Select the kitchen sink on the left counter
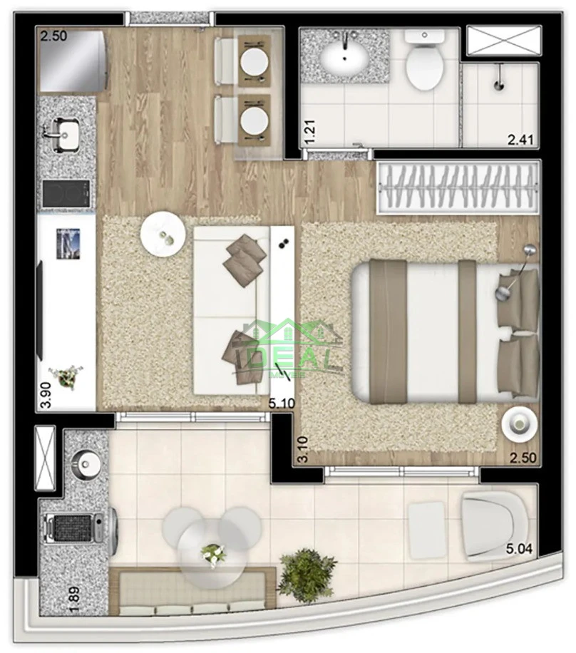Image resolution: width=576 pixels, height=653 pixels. (67, 134)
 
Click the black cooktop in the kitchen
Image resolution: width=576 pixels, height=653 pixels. (66, 192)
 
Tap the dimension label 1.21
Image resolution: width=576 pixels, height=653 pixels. (309, 131)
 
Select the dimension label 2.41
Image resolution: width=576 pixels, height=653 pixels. (523, 139)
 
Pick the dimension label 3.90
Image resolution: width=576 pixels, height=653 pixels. (46, 394)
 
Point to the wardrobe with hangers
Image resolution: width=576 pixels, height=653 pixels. (458, 187)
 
